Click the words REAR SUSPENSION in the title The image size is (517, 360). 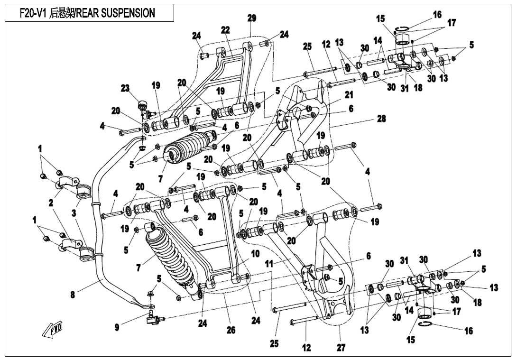116,13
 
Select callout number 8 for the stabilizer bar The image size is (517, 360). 73,295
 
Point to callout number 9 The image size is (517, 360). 117,327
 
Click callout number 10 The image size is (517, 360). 255,254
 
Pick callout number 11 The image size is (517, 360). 269,264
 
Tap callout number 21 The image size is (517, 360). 349,95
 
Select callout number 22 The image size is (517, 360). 225,30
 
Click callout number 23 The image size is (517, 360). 125,88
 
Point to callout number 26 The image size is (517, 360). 231,330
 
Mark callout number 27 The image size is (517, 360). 341,348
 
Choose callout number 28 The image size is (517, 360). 381,119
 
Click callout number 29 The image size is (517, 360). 252,18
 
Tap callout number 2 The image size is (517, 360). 51,203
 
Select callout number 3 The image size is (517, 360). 74,213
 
